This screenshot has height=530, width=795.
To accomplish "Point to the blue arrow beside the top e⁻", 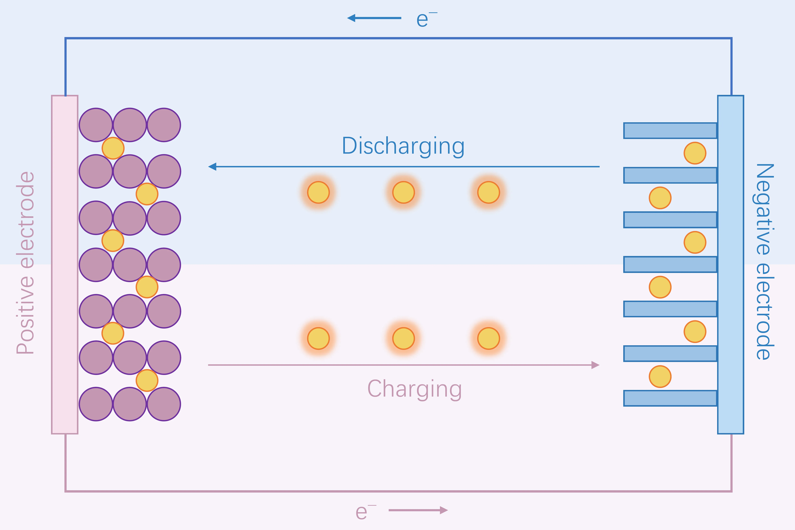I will point(374,18).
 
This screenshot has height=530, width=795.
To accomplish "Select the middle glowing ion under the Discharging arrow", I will point(403,192).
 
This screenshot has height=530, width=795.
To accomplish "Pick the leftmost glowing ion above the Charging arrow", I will point(318,338).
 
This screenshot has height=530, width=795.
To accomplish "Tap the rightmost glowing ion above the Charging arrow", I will point(489,338).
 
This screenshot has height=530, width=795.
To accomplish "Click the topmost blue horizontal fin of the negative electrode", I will point(670,130).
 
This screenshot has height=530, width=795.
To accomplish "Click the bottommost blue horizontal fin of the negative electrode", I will point(670,398).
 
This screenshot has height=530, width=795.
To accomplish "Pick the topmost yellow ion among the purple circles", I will point(113,148).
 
